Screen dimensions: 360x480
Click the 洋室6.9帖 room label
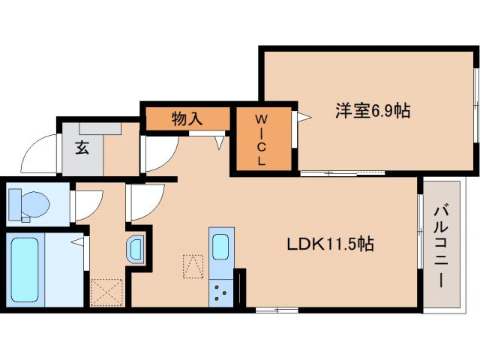coord(372,111)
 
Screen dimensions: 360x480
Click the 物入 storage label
coord(187,118)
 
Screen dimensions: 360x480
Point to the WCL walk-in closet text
coord(262,140)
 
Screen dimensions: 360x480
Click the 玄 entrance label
coord(81,147)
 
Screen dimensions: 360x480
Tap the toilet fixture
coord(28,203)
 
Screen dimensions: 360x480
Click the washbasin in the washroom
coord(136,249)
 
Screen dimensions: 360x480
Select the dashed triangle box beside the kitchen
coord(193,265)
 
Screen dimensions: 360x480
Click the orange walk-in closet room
coord(262,140)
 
